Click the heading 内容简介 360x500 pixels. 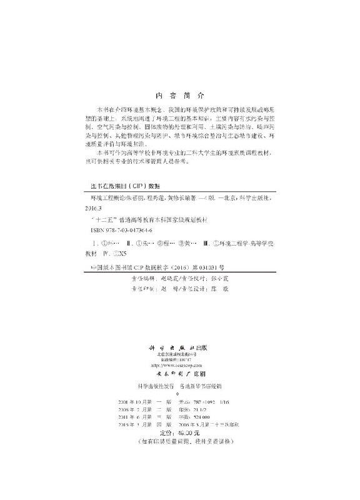pyautogui.click(x=179, y=96)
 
